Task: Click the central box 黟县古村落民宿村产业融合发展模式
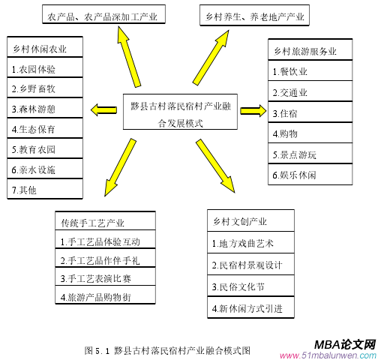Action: click(180, 112)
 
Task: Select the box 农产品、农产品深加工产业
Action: click(103, 14)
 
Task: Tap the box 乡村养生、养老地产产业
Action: click(254, 15)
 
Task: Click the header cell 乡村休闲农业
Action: click(45, 47)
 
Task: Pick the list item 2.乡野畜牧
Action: click(45, 88)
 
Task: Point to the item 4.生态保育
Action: click(45, 128)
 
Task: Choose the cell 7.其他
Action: click(45, 189)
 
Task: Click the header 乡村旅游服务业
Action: click(310, 49)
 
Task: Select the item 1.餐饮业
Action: click(310, 70)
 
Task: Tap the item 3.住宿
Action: click(310, 112)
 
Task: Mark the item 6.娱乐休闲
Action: click(310, 175)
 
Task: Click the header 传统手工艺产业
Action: click(105, 220)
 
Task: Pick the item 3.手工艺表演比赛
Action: click(105, 277)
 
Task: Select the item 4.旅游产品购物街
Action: click(105, 295)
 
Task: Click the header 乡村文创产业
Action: click(250, 220)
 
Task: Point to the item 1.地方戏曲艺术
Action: click(250, 242)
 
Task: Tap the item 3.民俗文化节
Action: click(250, 286)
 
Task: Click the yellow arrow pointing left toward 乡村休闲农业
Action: click(103, 110)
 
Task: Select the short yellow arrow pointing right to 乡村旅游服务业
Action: click(253, 111)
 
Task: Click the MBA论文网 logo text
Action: click(345, 345)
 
